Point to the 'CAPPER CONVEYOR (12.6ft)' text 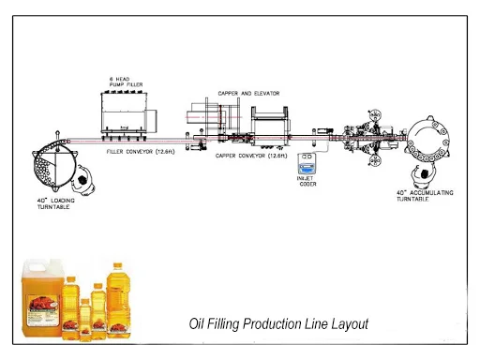251,155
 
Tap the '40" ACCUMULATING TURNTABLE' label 427,194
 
